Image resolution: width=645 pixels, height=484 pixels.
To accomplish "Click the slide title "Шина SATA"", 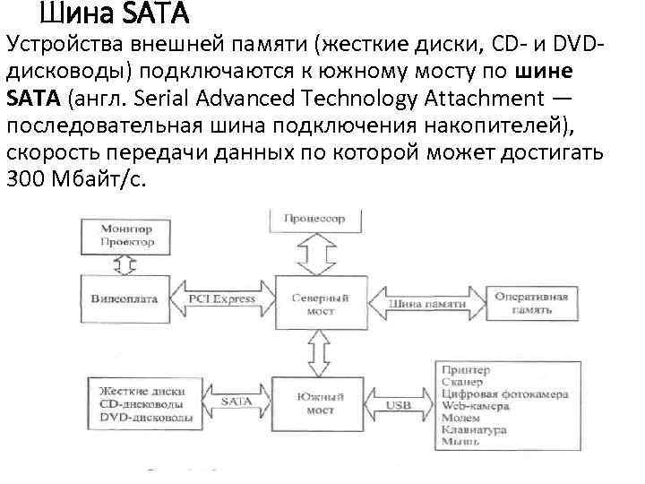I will tap(114, 14).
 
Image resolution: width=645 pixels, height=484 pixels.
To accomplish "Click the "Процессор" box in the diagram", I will tap(314, 219).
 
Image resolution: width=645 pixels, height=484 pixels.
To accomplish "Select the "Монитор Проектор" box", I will tap(126, 236).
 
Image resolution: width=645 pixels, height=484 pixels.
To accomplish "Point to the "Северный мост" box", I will tap(314, 305).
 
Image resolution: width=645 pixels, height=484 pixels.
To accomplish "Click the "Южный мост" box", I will tap(314, 403).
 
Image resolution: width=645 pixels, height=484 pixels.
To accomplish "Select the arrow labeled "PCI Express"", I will tap(222, 298).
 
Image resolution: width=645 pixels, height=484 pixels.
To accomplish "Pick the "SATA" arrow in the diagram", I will tap(235, 402).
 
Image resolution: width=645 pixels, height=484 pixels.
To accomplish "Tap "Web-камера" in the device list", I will tap(475, 406).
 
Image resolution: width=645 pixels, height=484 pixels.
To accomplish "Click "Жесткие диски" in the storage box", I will tap(144, 392).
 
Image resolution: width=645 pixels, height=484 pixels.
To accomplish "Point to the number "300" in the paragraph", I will tap(23, 177).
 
